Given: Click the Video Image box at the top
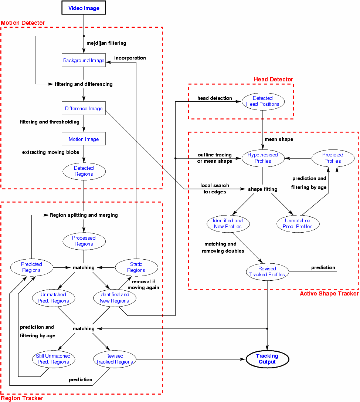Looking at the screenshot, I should (84, 8).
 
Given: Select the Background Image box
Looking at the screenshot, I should (84, 60).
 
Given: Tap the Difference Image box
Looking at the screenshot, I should (84, 108).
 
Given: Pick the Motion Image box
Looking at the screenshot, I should (84, 139).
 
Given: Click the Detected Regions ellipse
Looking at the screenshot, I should (84, 171).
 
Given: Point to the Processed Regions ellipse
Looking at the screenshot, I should (84, 241).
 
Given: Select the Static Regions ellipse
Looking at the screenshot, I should (136, 267).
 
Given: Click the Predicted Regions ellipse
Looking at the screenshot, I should (31, 267).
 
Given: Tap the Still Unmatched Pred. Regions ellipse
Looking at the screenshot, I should (53, 359).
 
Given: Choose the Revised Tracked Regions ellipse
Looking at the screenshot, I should (115, 359).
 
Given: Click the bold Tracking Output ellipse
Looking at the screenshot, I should (267, 359).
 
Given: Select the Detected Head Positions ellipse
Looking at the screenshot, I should (263, 101).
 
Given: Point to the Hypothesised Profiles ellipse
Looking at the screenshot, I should (263, 158).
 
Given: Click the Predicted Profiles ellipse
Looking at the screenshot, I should (333, 158).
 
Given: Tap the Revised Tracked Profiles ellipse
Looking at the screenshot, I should (267, 271).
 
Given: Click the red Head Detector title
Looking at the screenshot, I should (273, 80).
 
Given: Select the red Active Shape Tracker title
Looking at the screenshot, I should (329, 293).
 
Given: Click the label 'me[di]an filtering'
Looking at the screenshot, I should (106, 43).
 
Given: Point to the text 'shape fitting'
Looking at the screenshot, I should (263, 189).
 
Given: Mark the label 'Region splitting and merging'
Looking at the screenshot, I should (84, 215).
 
